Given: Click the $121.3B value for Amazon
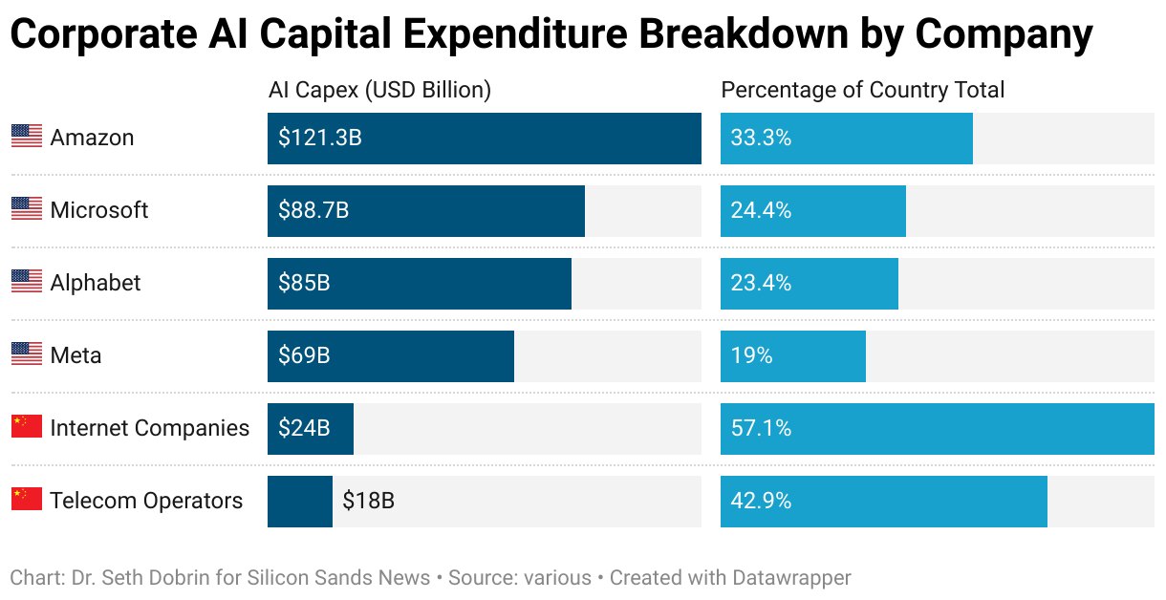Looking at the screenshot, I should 320,138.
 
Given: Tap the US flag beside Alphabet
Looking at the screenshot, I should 27,282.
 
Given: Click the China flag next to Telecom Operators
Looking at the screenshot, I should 27,499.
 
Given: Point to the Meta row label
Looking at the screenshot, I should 76,355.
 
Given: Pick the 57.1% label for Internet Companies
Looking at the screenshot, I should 761,428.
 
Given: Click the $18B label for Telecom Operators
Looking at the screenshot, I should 368,501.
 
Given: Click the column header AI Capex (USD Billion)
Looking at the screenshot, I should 379,90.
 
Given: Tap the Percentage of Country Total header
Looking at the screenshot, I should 862,90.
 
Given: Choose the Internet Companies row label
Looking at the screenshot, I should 149,428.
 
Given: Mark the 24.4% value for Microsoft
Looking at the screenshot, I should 761,210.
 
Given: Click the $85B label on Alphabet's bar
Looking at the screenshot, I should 304,283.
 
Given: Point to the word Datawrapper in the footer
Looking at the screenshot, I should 791,578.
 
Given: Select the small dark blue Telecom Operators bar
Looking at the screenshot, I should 299,501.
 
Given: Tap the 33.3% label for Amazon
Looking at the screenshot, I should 761,138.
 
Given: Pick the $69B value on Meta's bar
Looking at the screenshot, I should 304,355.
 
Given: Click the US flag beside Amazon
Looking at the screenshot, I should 27,137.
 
